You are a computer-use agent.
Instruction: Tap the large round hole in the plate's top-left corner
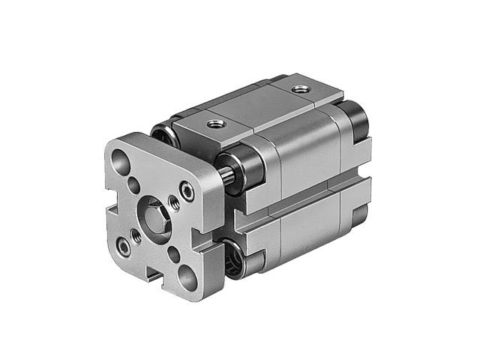(121, 159)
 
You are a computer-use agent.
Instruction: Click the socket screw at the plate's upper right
(187, 192)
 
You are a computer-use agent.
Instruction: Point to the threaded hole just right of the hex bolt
(174, 201)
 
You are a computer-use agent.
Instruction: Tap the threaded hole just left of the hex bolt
(136, 235)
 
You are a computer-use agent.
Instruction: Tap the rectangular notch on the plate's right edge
(201, 238)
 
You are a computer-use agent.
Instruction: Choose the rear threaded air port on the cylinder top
(300, 89)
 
